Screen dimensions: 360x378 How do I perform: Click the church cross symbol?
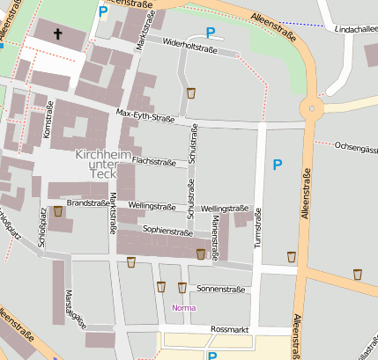click(x=59, y=34)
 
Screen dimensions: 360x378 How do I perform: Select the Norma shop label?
click(x=184, y=308)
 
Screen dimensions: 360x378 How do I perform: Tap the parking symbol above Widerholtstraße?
click(x=211, y=33)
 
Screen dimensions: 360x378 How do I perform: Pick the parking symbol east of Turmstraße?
click(x=278, y=165)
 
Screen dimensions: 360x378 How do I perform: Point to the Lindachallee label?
click(x=351, y=29)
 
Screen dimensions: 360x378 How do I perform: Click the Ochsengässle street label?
click(x=357, y=146)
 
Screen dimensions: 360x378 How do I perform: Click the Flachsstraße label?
click(x=155, y=161)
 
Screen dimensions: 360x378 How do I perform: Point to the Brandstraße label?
click(x=86, y=202)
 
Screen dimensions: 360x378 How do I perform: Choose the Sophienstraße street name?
click(x=167, y=231)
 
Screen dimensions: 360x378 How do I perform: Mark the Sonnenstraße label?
click(x=220, y=289)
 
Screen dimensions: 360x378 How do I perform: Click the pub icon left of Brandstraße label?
click(x=58, y=211)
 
